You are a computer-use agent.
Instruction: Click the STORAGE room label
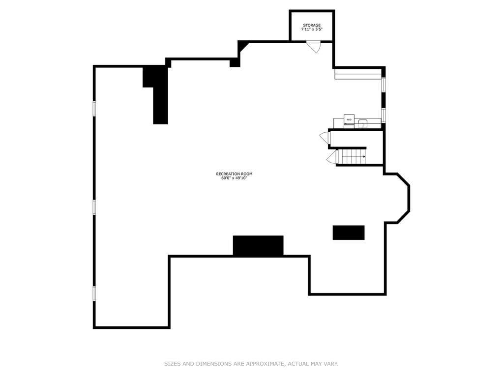(312, 26)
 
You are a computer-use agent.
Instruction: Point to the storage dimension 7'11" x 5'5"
(312, 29)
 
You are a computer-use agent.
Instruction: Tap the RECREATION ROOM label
(234, 174)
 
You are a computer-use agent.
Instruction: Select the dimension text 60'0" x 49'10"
(234, 178)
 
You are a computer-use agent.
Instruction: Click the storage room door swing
(314, 47)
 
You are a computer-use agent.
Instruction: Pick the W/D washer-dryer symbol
(349, 119)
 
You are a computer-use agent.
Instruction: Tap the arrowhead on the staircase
(364, 157)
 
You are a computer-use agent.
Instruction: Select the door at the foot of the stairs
(332, 157)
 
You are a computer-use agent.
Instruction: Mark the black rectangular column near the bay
(349, 232)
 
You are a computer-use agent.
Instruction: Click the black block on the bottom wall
(258, 246)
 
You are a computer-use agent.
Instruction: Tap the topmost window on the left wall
(94, 108)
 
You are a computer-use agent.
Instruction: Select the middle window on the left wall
(94, 207)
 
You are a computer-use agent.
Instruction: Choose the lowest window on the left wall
(94, 293)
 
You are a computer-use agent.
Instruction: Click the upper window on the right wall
(384, 85)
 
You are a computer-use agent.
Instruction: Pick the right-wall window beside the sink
(384, 115)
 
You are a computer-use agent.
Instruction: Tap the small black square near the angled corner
(235, 63)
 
